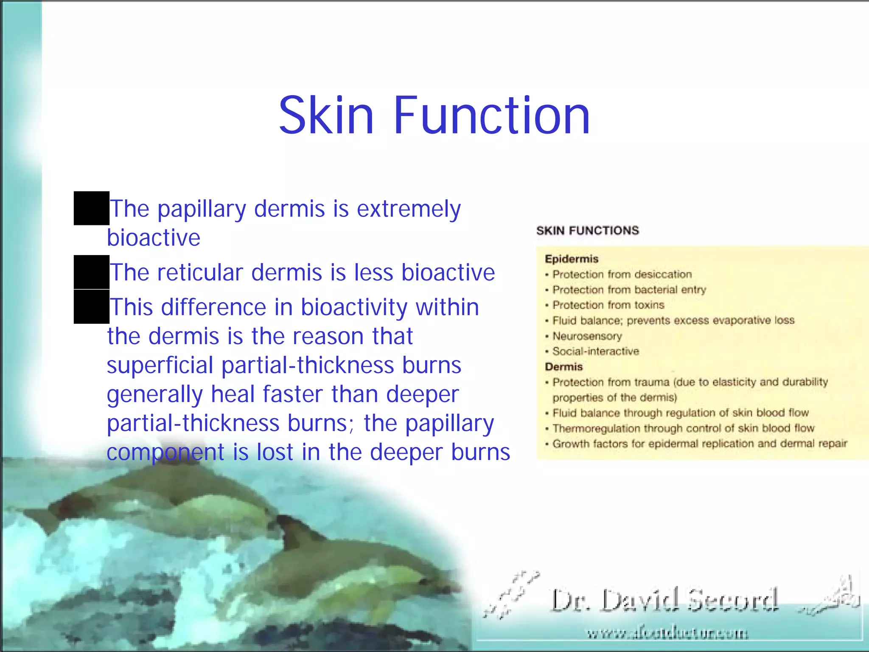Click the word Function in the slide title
point(492,115)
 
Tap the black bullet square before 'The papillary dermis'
point(92,208)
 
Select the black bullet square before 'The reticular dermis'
point(92,272)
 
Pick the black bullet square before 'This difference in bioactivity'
point(92,306)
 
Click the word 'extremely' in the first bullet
point(409,209)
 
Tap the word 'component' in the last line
point(165,452)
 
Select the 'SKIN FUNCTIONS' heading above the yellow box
point(587,230)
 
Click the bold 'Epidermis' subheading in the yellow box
point(572,259)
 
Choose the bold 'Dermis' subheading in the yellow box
point(564,367)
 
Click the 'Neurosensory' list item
point(587,336)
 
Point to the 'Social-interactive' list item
point(595,351)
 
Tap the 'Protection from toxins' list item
point(608,305)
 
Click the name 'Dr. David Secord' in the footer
point(664,600)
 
